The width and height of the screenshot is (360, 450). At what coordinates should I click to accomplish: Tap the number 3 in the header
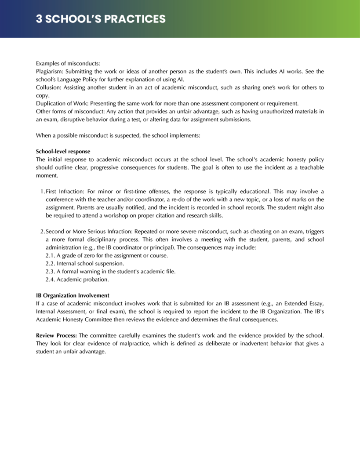pyautogui.click(x=39, y=19)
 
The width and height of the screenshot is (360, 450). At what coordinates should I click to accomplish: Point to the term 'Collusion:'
pyautogui.click(x=48, y=87)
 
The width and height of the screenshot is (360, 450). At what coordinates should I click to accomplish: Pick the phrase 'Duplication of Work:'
pyautogui.click(x=62, y=103)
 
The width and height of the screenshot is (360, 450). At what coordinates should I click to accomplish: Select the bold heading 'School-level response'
pyautogui.click(x=63, y=151)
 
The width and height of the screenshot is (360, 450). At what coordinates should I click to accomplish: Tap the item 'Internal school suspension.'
pyautogui.click(x=85, y=263)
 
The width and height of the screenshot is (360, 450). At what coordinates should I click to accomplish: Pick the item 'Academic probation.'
pyautogui.click(x=77, y=279)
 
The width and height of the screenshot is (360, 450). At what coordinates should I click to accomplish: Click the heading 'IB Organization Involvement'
pyautogui.click(x=73, y=295)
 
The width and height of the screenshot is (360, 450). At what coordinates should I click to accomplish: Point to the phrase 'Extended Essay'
pyautogui.click(x=304, y=303)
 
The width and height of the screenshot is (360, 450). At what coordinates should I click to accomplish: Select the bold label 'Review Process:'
pyautogui.click(x=56, y=335)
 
